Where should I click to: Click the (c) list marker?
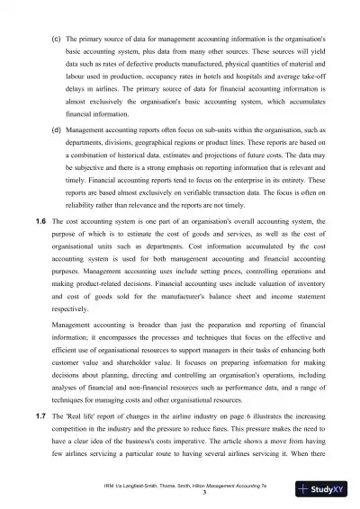tap(57, 40)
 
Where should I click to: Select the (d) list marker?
tap(57, 155)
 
